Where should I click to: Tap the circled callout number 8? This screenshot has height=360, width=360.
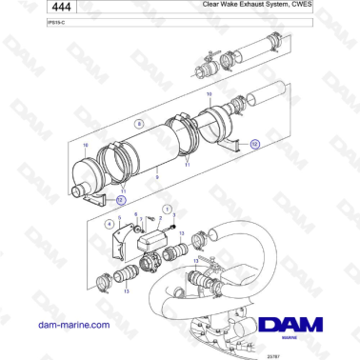tap(140, 123)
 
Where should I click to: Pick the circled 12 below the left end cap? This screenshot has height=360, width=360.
tap(120, 200)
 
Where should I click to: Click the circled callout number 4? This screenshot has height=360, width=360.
tap(110, 225)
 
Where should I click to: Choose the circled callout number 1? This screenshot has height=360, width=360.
tap(169, 208)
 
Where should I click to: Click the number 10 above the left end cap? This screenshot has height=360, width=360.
tap(86, 145)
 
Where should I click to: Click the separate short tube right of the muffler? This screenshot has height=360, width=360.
tap(264, 97)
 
